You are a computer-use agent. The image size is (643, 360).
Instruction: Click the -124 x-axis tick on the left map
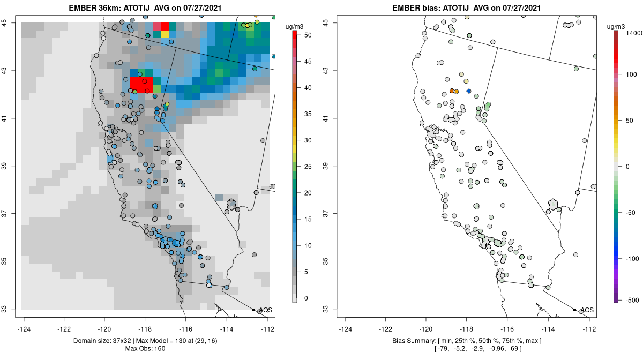coord(24,329)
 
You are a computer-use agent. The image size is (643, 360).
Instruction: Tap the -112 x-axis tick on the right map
coord(589,329)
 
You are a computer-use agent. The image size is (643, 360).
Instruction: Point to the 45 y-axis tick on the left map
coord(11,23)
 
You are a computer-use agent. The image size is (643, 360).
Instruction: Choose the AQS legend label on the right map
coord(587,310)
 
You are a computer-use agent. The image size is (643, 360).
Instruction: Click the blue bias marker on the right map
coord(469,92)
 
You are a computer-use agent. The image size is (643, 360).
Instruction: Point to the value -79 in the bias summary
coord(444,349)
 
